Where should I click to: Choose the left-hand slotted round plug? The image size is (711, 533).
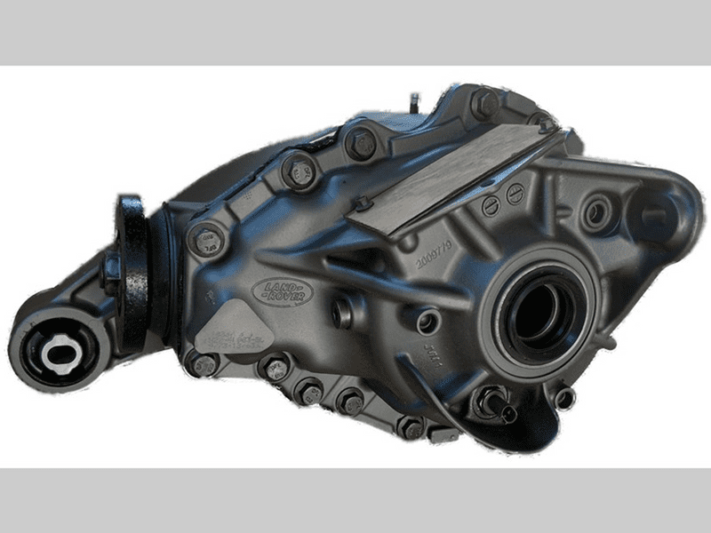pos(491,207)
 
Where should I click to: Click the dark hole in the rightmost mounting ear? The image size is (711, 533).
pos(655,214)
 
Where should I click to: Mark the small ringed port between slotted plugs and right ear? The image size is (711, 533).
pos(595,212)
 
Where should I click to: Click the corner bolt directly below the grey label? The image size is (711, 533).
pos(203,365)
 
